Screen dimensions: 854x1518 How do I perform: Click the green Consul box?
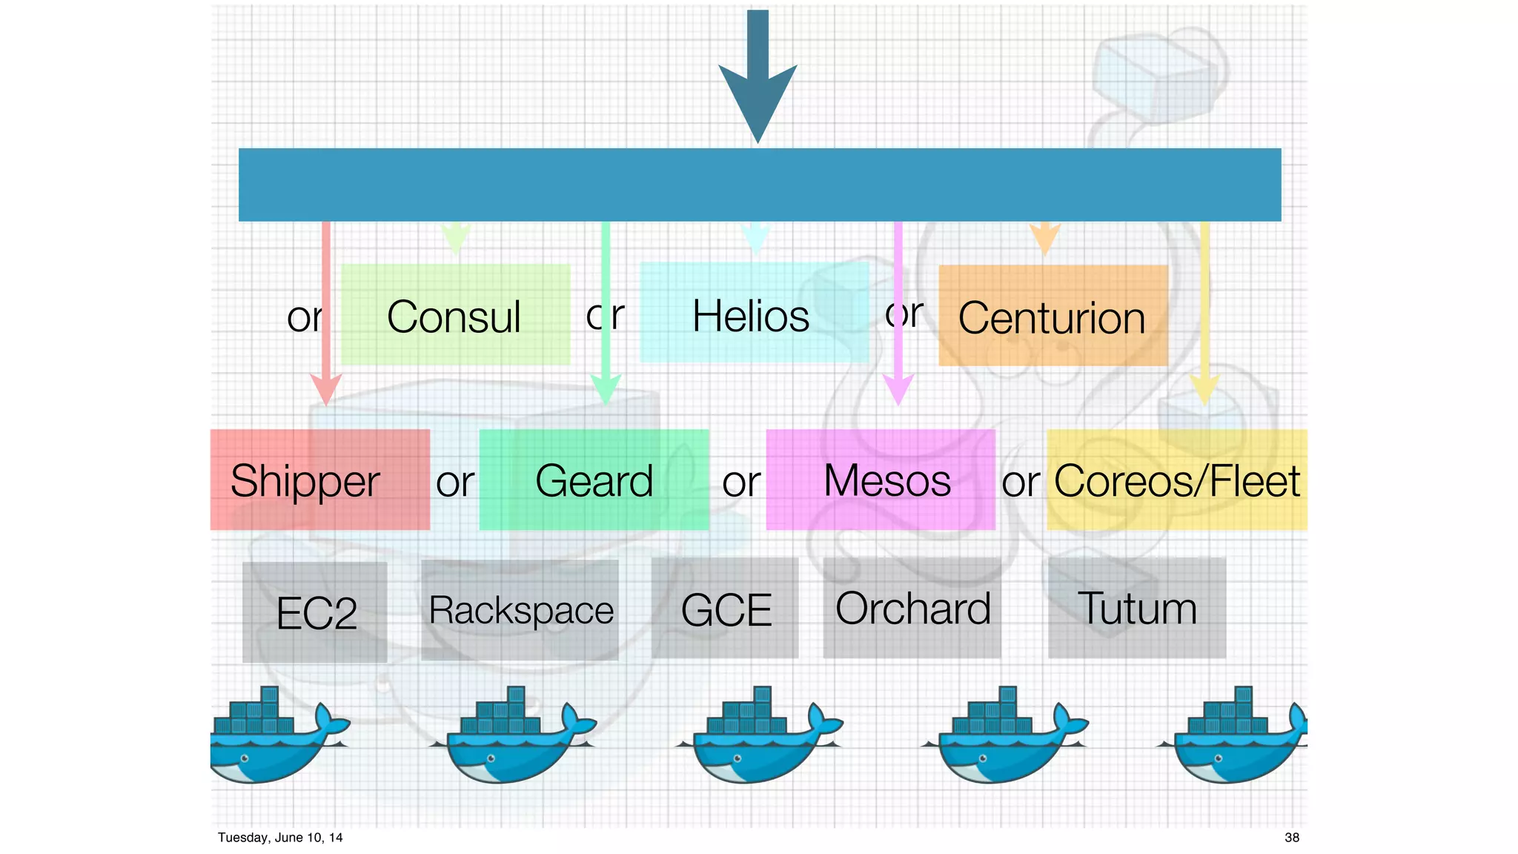pyautogui.click(x=455, y=314)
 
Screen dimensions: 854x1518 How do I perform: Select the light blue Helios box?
pyautogui.click(x=754, y=313)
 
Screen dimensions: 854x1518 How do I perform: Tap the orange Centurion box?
pyautogui.click(x=1053, y=316)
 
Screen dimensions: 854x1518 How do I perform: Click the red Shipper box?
pyautogui.click(x=319, y=480)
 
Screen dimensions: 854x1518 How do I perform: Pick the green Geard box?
pyautogui.click(x=594, y=480)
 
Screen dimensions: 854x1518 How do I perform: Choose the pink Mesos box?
pyautogui.click(x=880, y=480)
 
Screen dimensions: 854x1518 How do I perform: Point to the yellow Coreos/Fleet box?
pyautogui.click(x=1176, y=480)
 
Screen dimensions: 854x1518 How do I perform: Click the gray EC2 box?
pyautogui.click(x=315, y=612)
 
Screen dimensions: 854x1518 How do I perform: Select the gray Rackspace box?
pyautogui.click(x=520, y=609)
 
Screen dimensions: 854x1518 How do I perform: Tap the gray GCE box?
pyautogui.click(x=725, y=608)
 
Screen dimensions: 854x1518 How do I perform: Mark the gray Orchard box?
pyautogui.click(x=912, y=608)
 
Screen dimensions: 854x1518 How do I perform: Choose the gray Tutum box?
pyautogui.click(x=1136, y=608)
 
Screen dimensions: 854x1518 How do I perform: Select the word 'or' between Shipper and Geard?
pyautogui.click(x=454, y=483)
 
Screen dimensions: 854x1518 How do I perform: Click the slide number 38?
pyautogui.click(x=1291, y=838)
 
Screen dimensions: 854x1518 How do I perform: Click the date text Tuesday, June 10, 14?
pyautogui.click(x=280, y=838)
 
